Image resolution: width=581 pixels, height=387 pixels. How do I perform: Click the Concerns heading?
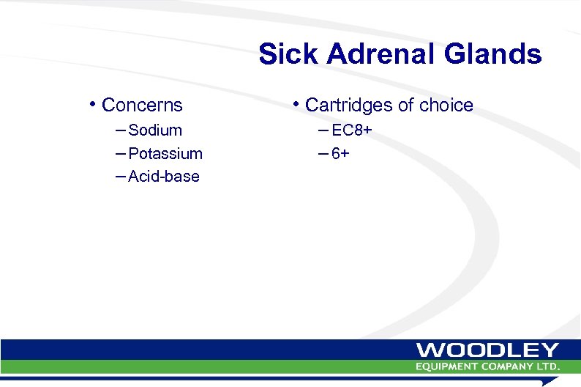coord(142,106)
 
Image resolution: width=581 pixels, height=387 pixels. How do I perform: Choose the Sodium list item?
coord(154,130)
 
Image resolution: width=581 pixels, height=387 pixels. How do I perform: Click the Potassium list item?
coord(165,154)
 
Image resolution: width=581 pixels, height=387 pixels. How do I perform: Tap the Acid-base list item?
coord(163,177)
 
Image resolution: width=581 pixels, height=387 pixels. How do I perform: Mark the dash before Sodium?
coord(120,130)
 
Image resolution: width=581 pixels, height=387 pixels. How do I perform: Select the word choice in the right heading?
coord(446,106)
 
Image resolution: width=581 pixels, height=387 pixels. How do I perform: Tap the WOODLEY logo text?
coord(488,350)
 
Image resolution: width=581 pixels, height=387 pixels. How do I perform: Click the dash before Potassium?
coord(120,154)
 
